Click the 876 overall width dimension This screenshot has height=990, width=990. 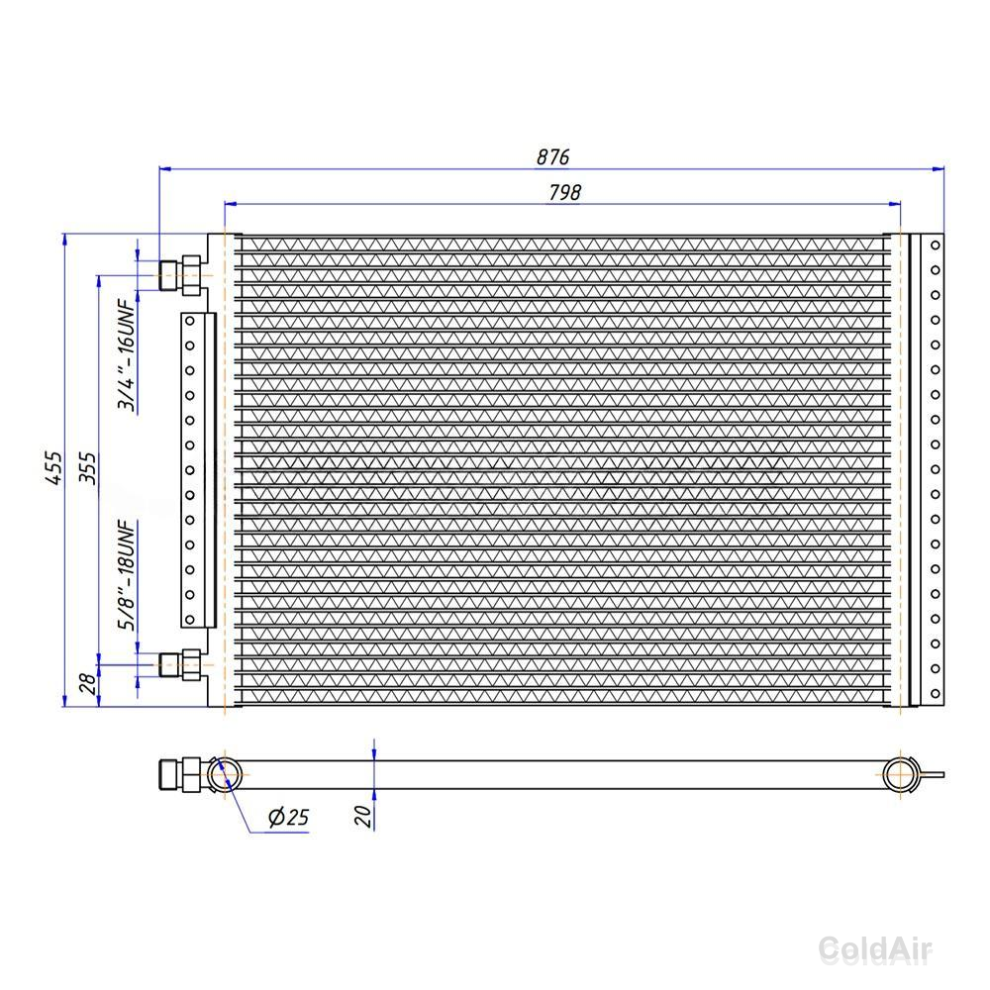(x=552, y=156)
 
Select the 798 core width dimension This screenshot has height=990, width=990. (x=564, y=192)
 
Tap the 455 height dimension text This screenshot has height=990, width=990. (x=54, y=468)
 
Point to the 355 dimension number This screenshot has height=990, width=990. (x=88, y=468)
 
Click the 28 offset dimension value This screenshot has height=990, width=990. (x=88, y=682)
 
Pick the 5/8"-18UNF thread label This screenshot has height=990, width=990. (x=127, y=575)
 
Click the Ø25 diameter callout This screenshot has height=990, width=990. (x=288, y=817)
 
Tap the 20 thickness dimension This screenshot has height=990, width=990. (x=363, y=816)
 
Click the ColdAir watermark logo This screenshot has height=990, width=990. (x=876, y=948)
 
